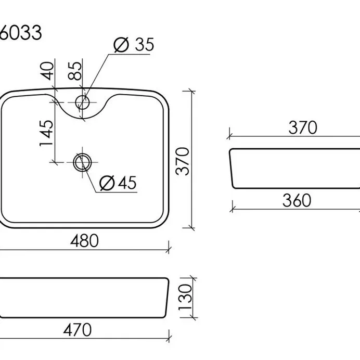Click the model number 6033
(x=20, y=32)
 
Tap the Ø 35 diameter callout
(x=134, y=44)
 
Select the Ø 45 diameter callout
(x=118, y=183)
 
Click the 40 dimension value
(x=47, y=71)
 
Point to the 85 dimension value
(x=75, y=71)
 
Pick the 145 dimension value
(x=46, y=133)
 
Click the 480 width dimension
(x=84, y=241)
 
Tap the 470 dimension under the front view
(x=78, y=330)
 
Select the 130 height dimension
(x=185, y=298)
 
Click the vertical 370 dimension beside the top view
(x=182, y=161)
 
